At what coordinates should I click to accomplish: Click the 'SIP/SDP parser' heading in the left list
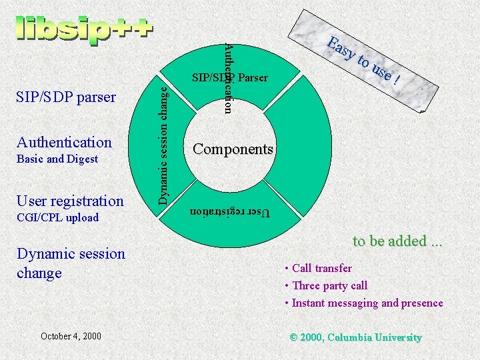pyautogui.click(x=66, y=97)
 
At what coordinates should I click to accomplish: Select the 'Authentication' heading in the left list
pyautogui.click(x=64, y=141)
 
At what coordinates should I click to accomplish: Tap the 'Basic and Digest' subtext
pyautogui.click(x=57, y=159)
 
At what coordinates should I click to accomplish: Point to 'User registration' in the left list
pyautogui.click(x=70, y=201)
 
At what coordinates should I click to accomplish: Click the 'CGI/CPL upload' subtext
pyautogui.click(x=57, y=217)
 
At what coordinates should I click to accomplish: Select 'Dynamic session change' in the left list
pyautogui.click(x=71, y=263)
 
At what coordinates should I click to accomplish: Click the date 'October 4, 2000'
pyautogui.click(x=71, y=335)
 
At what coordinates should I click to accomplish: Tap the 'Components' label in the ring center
pyautogui.click(x=233, y=149)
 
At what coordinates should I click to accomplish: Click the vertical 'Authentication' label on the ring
pyautogui.click(x=228, y=77)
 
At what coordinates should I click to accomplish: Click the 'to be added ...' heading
pyautogui.click(x=397, y=241)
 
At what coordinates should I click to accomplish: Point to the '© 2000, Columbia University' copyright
pyautogui.click(x=356, y=337)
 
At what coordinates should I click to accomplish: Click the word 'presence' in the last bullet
pyautogui.click(x=422, y=303)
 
